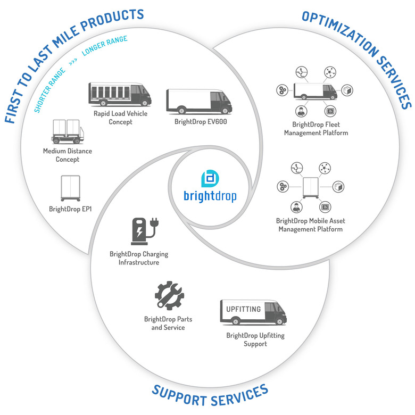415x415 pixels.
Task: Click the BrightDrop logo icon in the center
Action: click(x=209, y=178)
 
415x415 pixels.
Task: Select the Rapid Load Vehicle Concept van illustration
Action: click(x=119, y=94)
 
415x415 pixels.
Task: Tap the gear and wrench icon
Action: click(x=168, y=296)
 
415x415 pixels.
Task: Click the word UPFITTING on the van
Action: click(x=244, y=309)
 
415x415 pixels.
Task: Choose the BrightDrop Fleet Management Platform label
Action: click(x=316, y=129)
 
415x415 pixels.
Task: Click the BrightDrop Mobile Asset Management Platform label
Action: click(x=309, y=225)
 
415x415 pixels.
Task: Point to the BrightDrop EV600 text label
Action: click(x=193, y=121)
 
